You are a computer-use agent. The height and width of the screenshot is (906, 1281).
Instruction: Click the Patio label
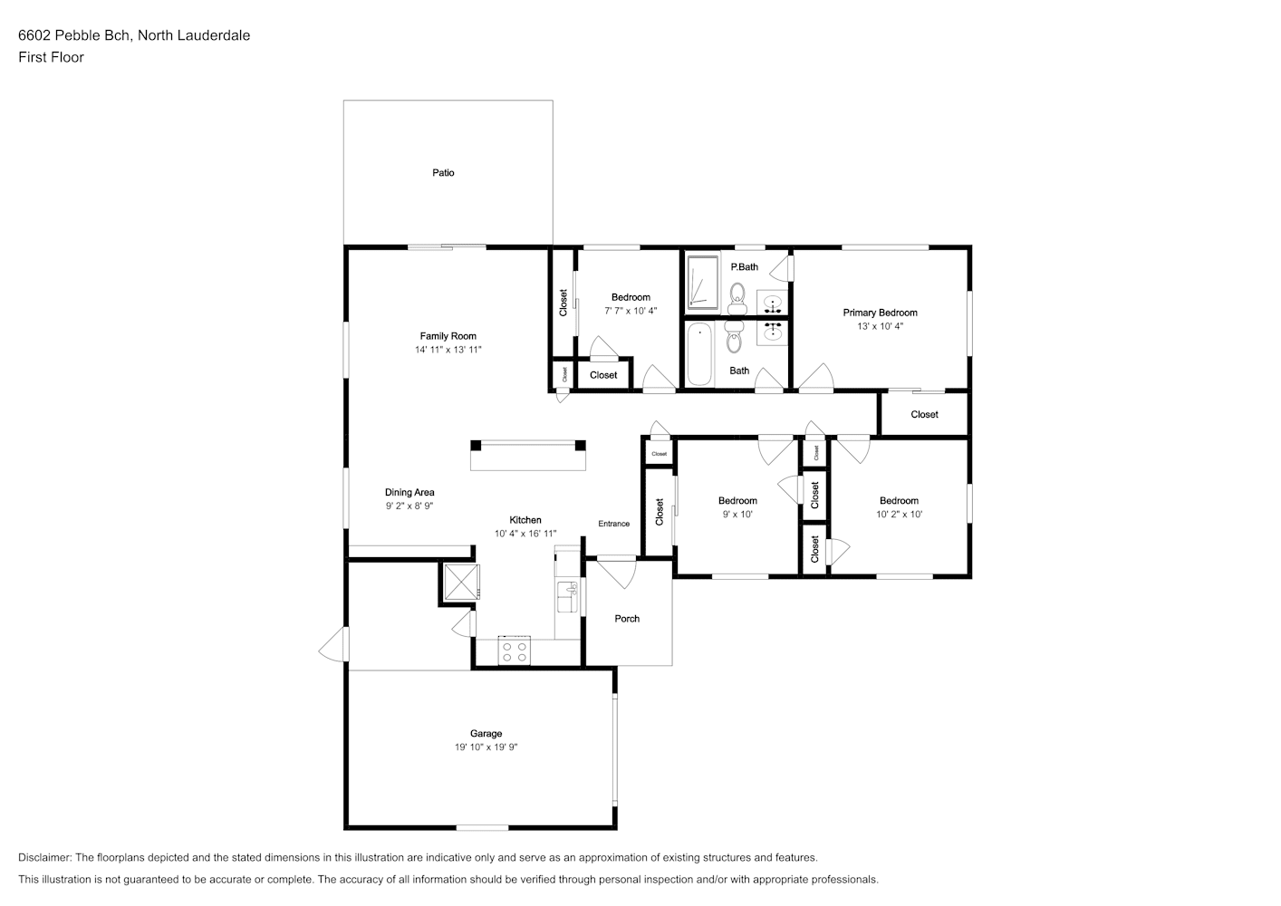(443, 173)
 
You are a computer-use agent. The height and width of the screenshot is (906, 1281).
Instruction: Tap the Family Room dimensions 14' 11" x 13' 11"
(448, 350)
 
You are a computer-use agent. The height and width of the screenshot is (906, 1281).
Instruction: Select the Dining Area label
(409, 493)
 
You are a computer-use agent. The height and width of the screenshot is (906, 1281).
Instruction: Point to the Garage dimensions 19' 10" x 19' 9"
(486, 747)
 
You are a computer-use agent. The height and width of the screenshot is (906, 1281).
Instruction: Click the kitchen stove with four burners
(514, 651)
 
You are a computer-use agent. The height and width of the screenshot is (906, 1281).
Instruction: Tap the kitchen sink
(568, 596)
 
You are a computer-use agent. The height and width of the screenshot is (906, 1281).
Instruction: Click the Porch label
(627, 619)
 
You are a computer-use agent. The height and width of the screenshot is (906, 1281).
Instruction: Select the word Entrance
(613, 524)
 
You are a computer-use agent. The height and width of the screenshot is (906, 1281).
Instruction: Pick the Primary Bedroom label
(880, 313)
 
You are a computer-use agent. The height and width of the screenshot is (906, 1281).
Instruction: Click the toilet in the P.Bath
(737, 299)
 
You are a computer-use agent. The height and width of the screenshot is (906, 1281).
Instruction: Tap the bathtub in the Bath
(699, 354)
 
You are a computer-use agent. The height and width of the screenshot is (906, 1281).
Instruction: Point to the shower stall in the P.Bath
(702, 283)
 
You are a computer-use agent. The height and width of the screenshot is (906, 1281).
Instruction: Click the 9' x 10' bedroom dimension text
(737, 515)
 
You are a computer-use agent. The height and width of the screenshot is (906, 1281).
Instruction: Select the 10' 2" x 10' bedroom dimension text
(899, 515)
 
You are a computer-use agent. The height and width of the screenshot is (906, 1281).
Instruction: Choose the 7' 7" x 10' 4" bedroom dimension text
(631, 311)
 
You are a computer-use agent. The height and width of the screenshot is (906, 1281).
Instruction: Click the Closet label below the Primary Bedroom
(924, 415)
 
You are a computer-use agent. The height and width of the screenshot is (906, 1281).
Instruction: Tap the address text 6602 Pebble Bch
(75, 35)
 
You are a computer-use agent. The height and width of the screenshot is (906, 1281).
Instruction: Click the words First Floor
(51, 57)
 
